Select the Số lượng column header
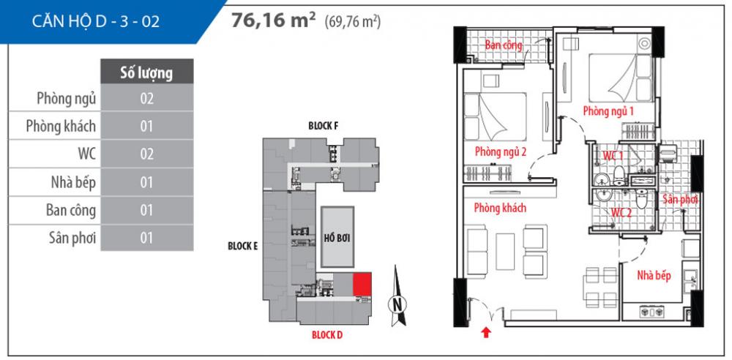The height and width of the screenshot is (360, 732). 146,72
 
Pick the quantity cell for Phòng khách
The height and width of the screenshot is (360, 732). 146,127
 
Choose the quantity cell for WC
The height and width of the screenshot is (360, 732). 146,154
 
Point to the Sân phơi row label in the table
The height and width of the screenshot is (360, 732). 66,238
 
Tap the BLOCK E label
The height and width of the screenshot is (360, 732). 242,247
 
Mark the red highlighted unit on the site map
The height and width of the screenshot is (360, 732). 362,285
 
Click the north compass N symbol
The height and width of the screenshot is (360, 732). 396,302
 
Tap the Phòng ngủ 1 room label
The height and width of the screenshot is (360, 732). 608,110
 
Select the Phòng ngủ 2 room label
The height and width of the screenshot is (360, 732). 501,152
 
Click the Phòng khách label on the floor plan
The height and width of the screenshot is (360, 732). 500,208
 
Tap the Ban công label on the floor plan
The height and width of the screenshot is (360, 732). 504,45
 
